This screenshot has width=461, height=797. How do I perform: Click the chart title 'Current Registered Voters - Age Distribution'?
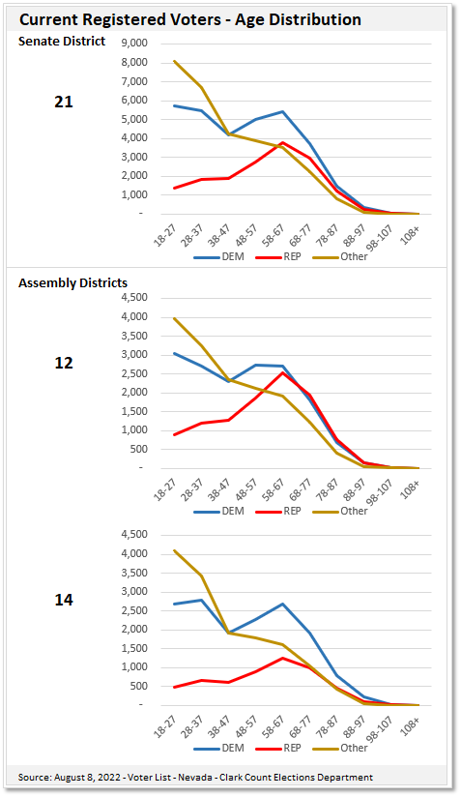190,19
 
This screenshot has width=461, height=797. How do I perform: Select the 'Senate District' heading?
63,41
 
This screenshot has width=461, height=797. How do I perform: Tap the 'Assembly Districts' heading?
73,282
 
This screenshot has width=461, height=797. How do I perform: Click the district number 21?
64,102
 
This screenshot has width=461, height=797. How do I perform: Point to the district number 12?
64,363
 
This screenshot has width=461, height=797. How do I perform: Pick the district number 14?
64,600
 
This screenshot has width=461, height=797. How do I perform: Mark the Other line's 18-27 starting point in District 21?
174,62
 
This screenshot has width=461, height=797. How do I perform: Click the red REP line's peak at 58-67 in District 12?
282,372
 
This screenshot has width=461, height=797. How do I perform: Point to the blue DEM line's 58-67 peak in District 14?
282,604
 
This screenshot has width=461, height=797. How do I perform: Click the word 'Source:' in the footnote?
36,777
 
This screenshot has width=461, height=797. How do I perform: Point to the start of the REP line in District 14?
174,688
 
